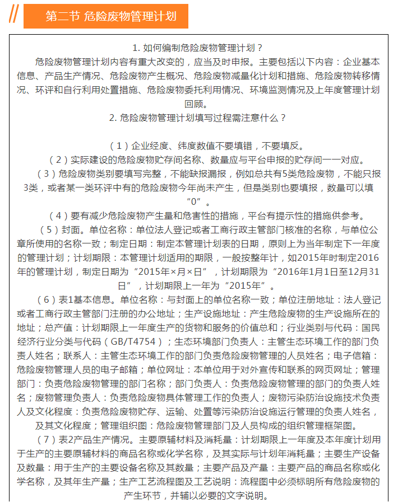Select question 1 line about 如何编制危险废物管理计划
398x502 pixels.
click(198, 48)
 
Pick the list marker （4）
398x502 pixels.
click(58, 215)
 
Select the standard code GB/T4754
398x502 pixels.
click(134, 341)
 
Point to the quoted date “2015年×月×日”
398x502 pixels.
click(177, 272)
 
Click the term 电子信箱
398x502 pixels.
click(362, 355)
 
